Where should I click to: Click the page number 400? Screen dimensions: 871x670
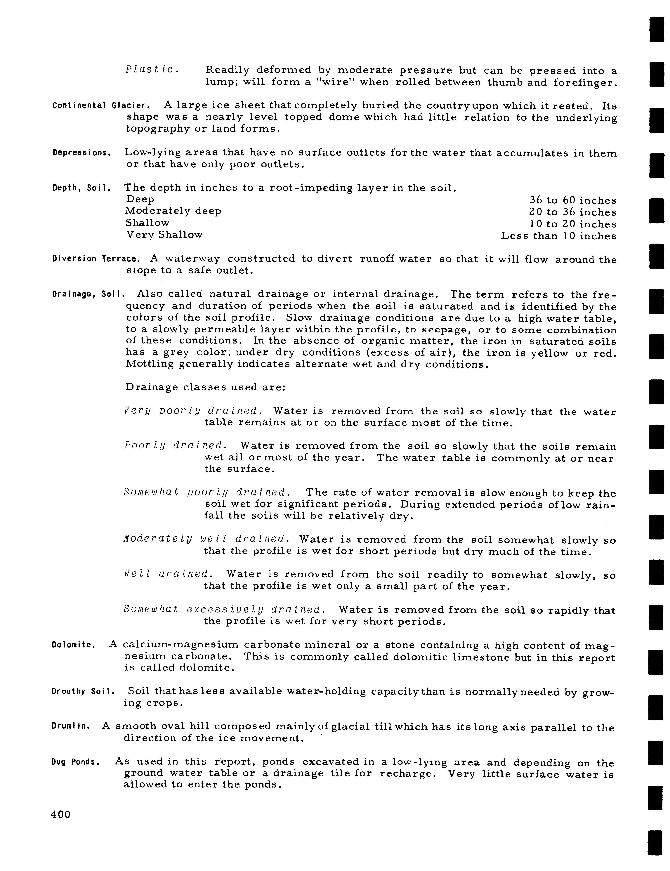click(x=61, y=814)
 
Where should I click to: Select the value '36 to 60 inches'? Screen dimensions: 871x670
click(x=573, y=200)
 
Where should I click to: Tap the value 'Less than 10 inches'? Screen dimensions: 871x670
click(x=558, y=236)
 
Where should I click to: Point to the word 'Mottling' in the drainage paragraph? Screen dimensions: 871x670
click(x=150, y=364)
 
